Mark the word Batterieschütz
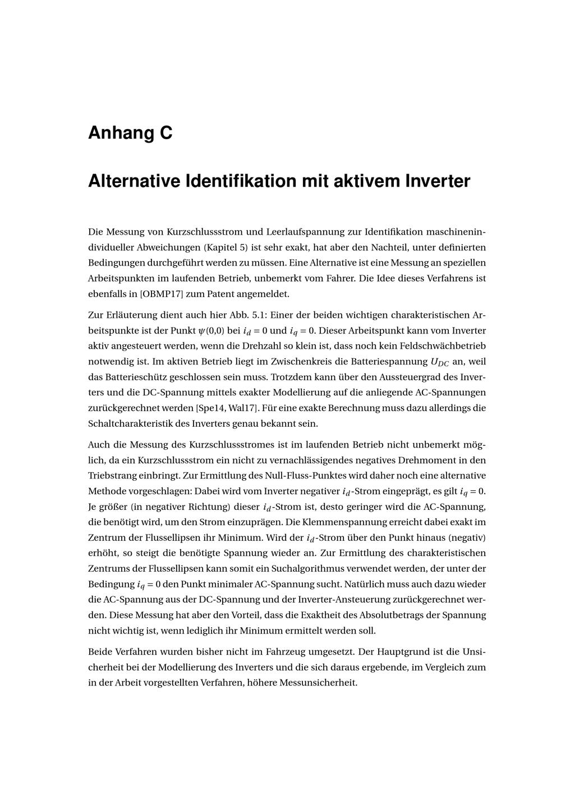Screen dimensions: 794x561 pyautogui.click(x=132, y=377)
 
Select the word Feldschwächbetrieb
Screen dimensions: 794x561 pyautogui.click(x=444, y=346)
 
